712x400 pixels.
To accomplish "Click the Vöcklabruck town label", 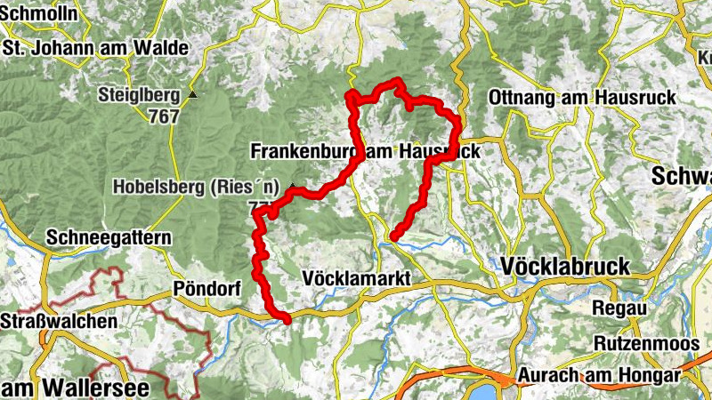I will tap(565, 266).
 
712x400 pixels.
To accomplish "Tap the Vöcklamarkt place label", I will tap(357, 278).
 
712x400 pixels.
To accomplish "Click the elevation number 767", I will tap(164, 116).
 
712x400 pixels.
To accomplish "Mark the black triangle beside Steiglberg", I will tap(191, 94).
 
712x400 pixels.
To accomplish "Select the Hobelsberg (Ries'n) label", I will tap(196, 188).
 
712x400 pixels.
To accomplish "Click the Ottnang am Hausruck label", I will tap(582, 97).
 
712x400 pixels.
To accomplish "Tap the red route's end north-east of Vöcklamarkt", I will tap(392, 236).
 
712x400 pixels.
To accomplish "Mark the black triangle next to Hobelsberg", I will tap(291, 186).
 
